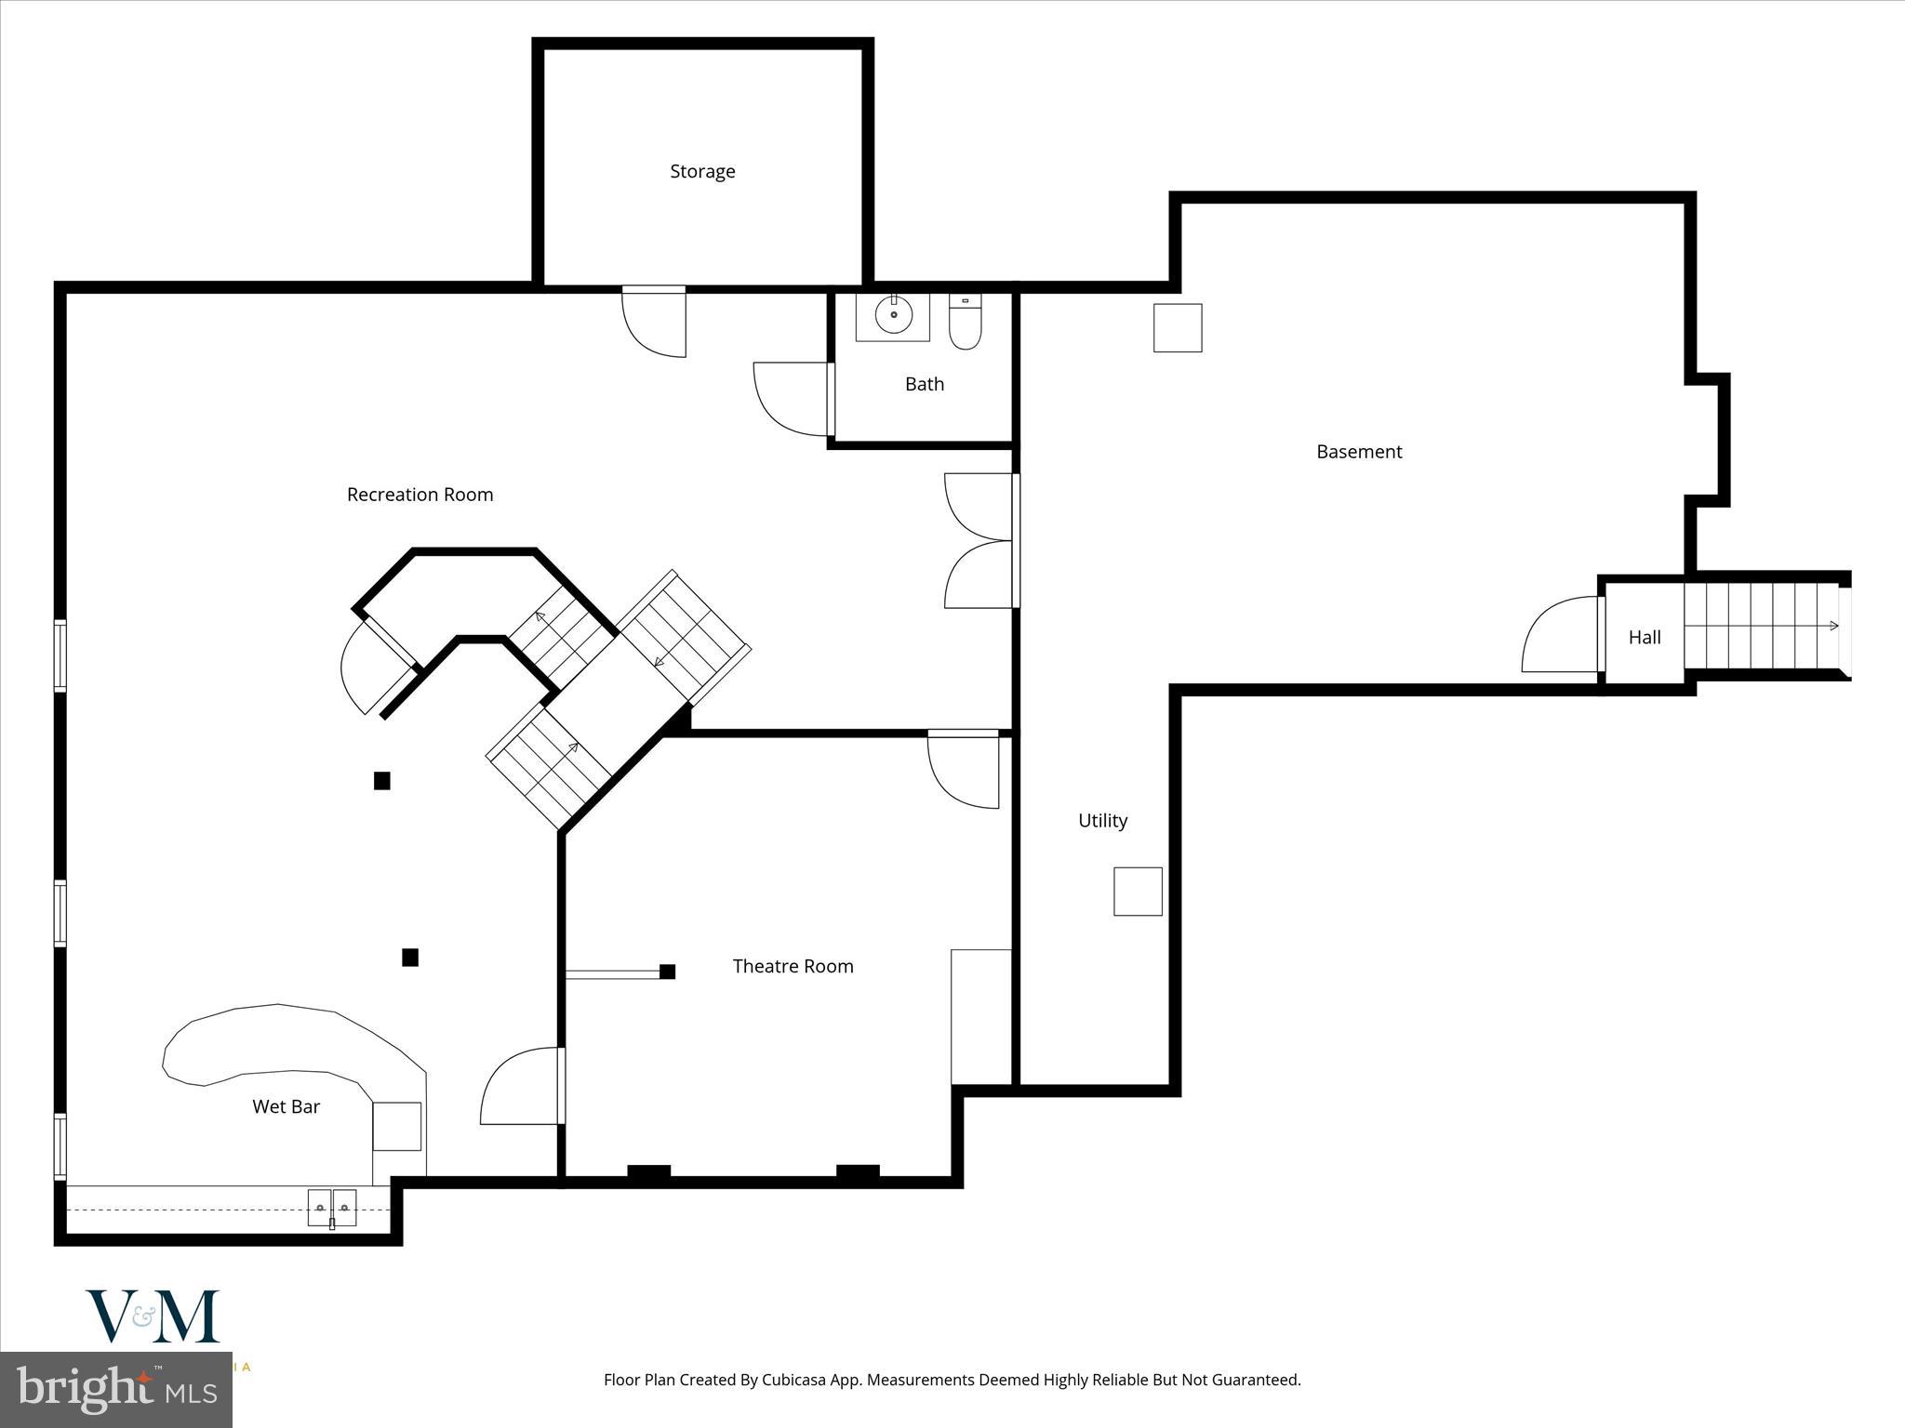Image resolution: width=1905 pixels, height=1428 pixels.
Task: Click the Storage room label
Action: (702, 171)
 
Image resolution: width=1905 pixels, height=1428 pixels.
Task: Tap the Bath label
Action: (925, 384)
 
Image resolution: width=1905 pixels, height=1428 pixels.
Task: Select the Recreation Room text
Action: (420, 495)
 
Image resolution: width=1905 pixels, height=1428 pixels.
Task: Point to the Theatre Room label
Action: (793, 966)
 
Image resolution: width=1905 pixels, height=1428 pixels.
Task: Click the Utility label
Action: (1102, 820)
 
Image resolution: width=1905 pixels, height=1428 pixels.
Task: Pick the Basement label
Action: (1359, 452)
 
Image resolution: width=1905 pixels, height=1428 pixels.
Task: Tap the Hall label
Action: (1645, 637)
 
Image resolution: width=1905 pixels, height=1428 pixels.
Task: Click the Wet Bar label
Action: (286, 1106)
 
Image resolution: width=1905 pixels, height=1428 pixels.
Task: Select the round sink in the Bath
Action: (894, 315)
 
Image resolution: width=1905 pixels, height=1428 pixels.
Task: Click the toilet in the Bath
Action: (966, 322)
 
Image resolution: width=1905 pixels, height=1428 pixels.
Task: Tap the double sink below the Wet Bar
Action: (332, 1208)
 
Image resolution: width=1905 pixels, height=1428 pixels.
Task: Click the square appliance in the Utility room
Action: (1138, 892)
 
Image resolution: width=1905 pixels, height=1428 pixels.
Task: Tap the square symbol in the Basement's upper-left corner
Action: (1178, 328)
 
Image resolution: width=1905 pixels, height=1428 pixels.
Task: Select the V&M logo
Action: (153, 1316)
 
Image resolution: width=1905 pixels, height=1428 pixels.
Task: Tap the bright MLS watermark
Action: (116, 1390)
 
